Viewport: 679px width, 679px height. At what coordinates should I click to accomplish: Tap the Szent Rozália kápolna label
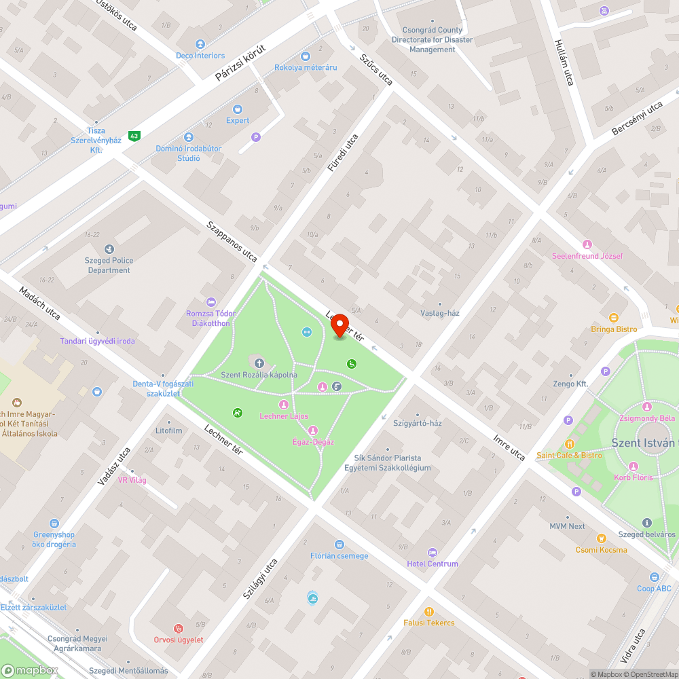click(259, 375)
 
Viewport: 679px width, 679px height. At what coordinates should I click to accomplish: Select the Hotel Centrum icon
click(433, 552)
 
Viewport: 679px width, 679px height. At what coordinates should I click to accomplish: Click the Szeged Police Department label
click(109, 265)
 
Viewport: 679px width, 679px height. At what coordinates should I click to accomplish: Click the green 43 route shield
click(134, 136)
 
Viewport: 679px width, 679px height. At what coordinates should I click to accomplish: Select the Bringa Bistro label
click(613, 329)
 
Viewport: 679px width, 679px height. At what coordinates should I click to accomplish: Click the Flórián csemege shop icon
click(339, 545)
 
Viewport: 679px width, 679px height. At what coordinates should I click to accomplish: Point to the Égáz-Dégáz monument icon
click(313, 430)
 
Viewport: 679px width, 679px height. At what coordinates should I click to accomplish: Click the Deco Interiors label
click(200, 56)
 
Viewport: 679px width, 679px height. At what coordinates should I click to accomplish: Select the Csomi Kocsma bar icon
click(601, 538)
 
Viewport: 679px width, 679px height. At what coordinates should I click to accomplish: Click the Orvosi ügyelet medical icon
click(179, 629)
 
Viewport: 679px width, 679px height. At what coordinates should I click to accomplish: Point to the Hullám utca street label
click(564, 62)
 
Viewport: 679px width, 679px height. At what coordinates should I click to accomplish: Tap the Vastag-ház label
click(439, 313)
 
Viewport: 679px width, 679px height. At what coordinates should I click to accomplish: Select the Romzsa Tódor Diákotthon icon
click(211, 302)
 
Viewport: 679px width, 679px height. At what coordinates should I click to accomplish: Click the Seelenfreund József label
click(587, 256)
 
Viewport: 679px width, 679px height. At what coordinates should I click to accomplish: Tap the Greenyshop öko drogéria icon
click(54, 524)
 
